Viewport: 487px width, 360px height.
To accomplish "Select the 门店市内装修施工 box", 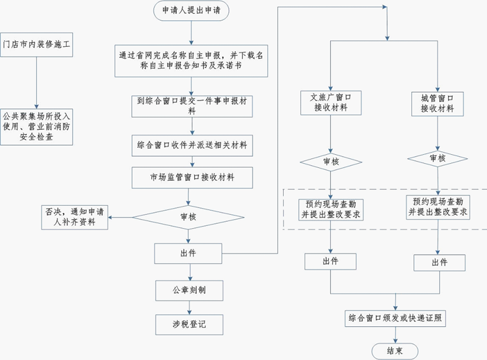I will coord(37,44).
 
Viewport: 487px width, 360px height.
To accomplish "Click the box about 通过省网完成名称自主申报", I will coord(190,60).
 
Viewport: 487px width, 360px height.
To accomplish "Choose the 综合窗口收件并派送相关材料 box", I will coord(191,144).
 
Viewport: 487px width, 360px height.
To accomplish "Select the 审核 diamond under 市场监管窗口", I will coord(189,216).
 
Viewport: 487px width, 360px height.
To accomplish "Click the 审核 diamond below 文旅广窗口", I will coord(331,161).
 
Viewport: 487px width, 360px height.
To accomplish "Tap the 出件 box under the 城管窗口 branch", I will coord(439,262).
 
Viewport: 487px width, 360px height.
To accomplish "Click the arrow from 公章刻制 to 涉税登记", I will coord(189,307).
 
